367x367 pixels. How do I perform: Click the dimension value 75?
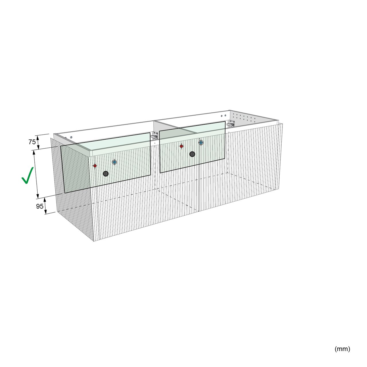pos(32,142)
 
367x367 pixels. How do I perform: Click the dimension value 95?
pos(40,206)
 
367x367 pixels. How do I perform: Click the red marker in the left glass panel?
pos(95,166)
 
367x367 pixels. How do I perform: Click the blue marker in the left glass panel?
pos(114,162)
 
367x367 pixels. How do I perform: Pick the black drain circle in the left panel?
pos(106,173)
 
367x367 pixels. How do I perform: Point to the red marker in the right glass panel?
pos(181,146)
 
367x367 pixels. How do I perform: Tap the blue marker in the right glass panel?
pos(201,142)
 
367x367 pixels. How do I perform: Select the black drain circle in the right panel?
pos(192,154)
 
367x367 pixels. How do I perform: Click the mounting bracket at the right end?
pos(231,124)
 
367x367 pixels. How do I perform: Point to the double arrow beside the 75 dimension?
pos(38,142)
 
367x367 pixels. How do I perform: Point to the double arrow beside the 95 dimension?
pos(45,206)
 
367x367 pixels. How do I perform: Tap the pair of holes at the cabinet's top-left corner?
pos(69,137)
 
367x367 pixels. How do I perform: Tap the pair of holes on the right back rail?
pos(223,116)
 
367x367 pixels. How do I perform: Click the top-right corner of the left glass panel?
pos(150,132)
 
